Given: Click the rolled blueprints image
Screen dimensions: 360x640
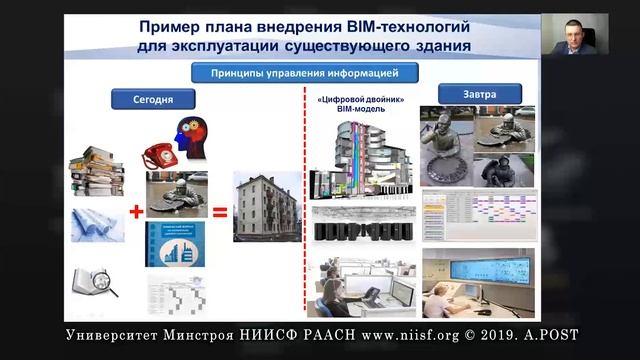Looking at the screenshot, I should (x=97, y=225).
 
